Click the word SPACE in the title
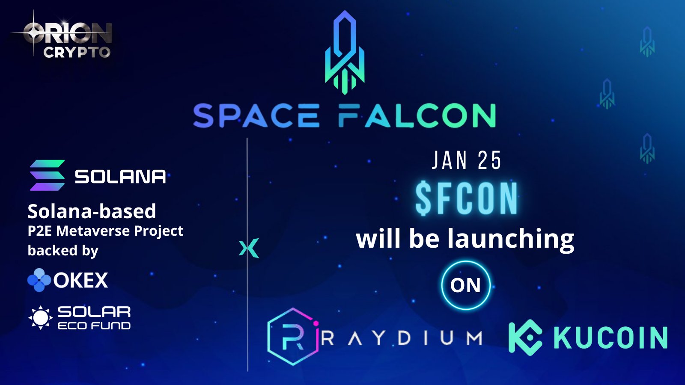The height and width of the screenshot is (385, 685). (256, 115)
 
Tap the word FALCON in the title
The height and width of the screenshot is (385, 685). (417, 115)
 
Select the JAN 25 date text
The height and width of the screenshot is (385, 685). (466, 160)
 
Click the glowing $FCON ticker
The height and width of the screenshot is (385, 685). (467, 198)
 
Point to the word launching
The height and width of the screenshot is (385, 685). (511, 240)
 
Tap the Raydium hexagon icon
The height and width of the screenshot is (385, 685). (293, 336)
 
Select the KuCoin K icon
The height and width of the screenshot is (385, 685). (525, 338)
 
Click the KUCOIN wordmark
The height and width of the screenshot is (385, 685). (611, 338)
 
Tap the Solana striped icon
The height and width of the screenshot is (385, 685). (47, 175)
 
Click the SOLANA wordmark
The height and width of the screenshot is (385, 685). (120, 176)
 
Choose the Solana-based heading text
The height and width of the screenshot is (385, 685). (92, 211)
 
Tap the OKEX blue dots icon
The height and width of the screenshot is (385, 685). (39, 280)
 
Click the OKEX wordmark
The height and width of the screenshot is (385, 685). (81, 280)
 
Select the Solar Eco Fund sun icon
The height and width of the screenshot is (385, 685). (40, 317)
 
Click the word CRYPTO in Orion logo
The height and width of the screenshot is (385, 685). (77, 52)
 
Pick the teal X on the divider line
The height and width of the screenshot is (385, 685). (249, 248)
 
